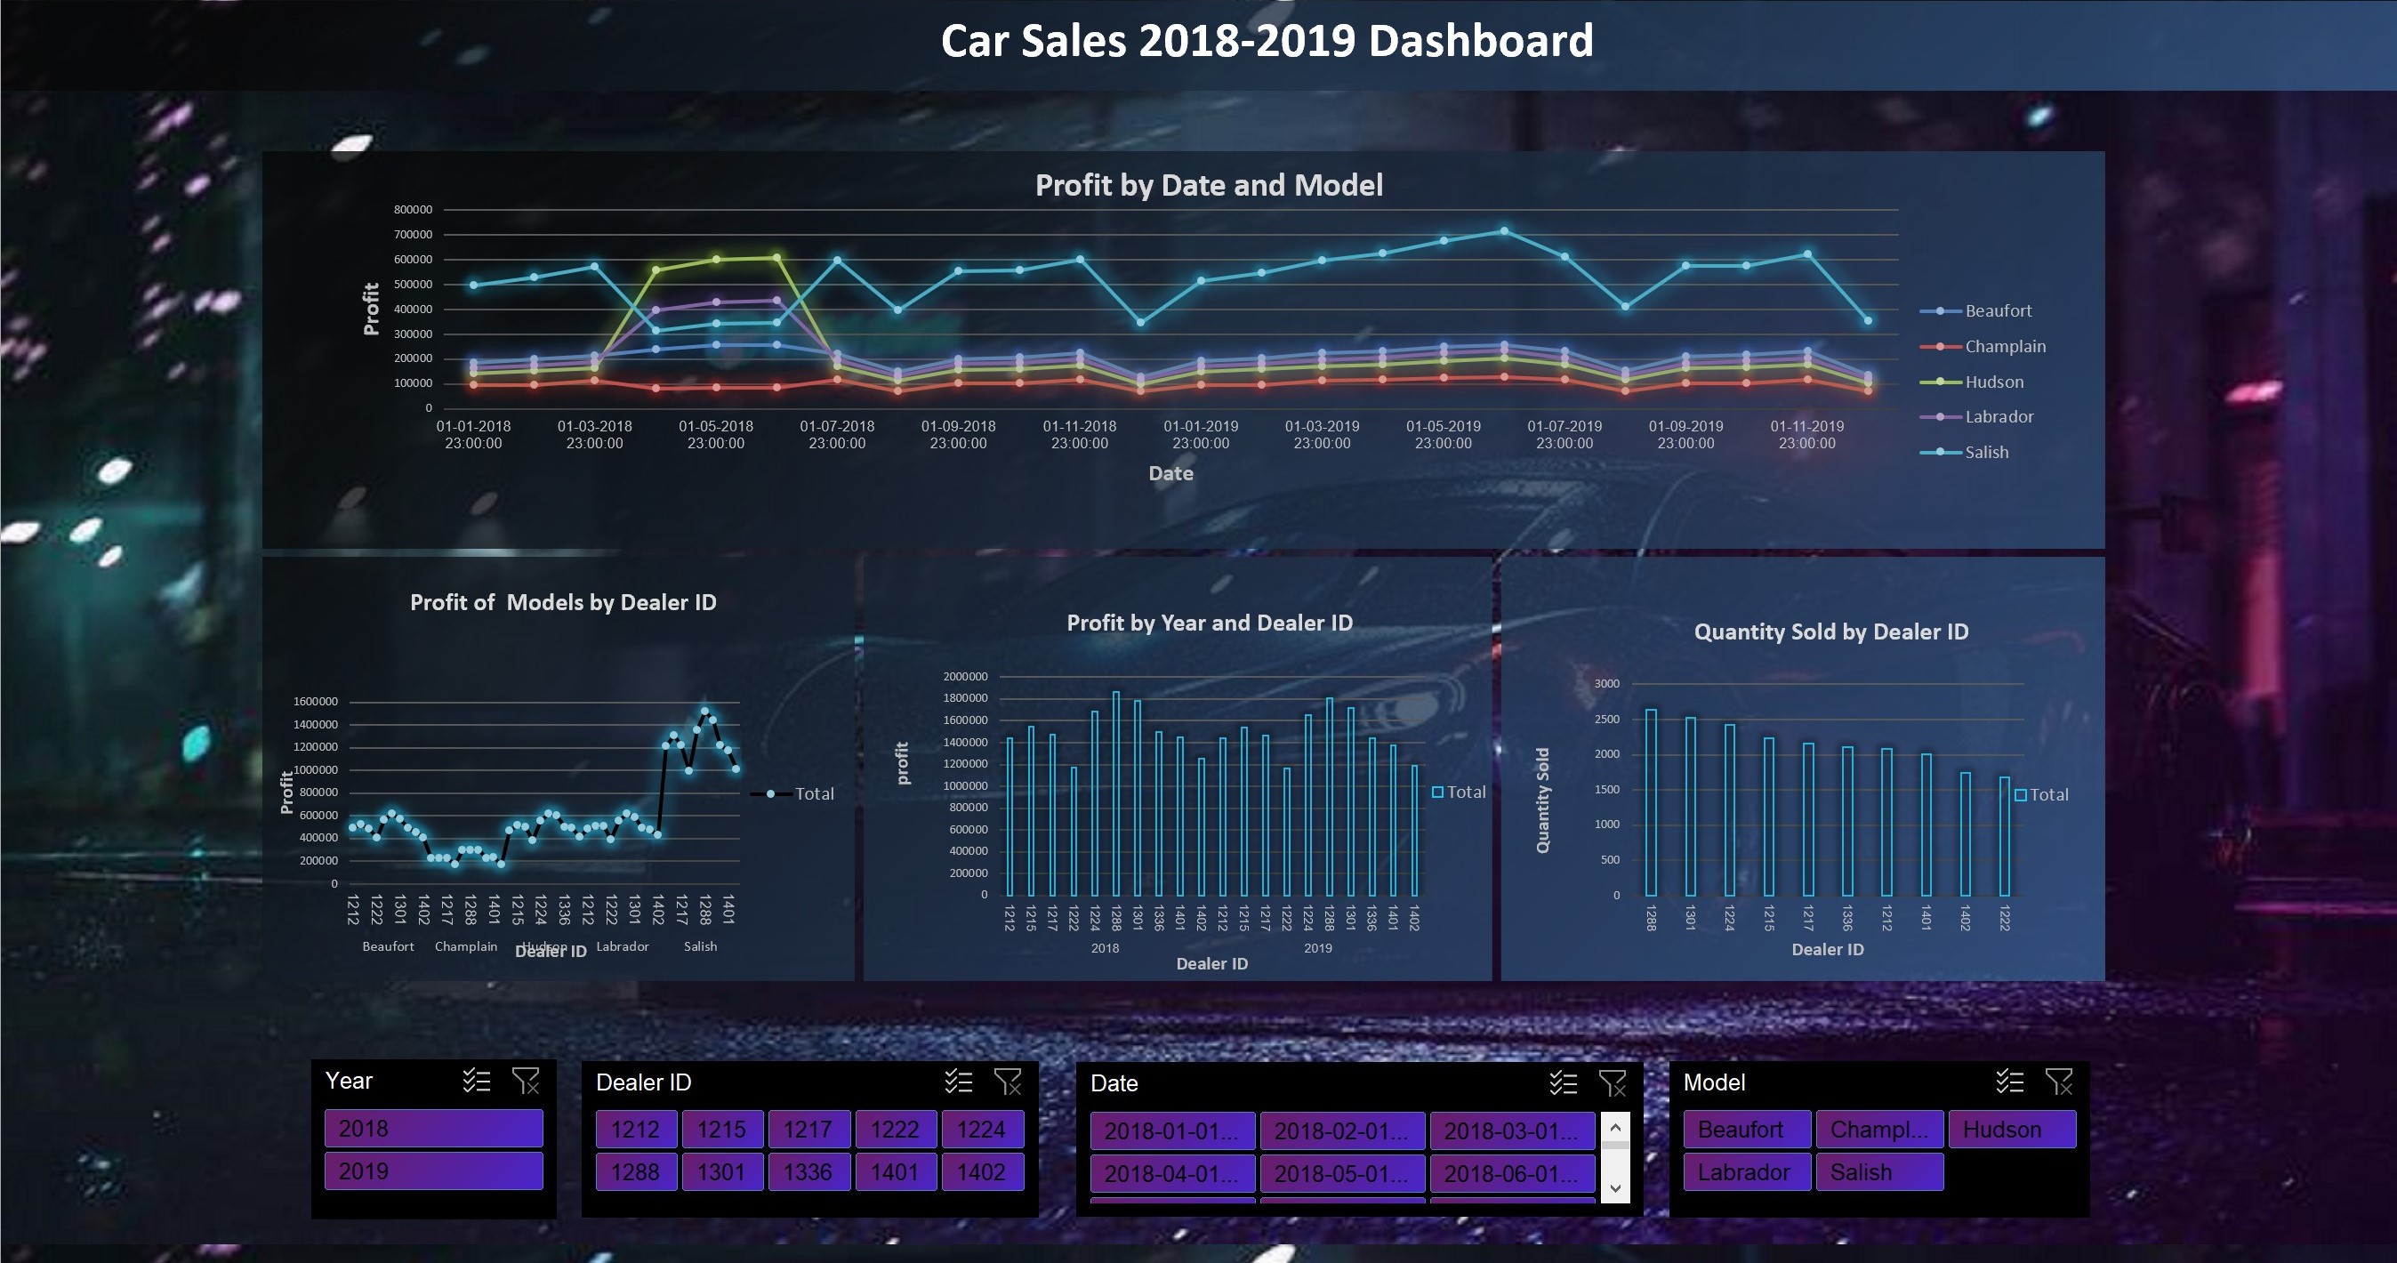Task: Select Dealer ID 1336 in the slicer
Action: pyautogui.click(x=808, y=1171)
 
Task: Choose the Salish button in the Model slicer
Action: pyautogui.click(x=1878, y=1171)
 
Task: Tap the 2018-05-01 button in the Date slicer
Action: pyautogui.click(x=1341, y=1174)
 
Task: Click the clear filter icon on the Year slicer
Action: pyautogui.click(x=526, y=1081)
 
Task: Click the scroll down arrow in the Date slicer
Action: pyautogui.click(x=1615, y=1187)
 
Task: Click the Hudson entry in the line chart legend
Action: pyautogui.click(x=1993, y=382)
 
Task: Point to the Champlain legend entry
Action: pyautogui.click(x=2005, y=346)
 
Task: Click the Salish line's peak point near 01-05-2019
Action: pyautogui.click(x=1504, y=231)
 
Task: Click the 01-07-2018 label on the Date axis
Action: pyautogui.click(x=837, y=434)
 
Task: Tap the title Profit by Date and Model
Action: pyautogui.click(x=1209, y=185)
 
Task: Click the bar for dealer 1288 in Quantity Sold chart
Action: pyautogui.click(x=1651, y=802)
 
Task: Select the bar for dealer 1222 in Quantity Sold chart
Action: pyautogui.click(x=2005, y=836)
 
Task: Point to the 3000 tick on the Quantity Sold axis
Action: pyautogui.click(x=1606, y=683)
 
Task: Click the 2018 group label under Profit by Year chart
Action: pyautogui.click(x=1105, y=947)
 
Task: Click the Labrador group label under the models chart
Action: pyautogui.click(x=622, y=945)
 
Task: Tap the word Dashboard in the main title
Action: pyautogui.click(x=1480, y=41)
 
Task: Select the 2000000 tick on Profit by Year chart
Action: pyautogui.click(x=965, y=676)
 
